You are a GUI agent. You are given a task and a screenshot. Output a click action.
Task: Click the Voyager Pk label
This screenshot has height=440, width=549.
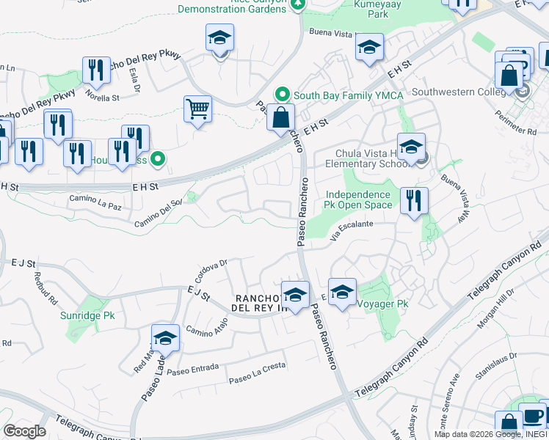click(382, 302)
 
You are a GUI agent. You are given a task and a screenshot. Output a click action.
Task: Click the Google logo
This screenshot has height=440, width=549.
click(25, 431)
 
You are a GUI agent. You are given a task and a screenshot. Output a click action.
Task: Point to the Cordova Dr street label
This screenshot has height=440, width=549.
click(214, 264)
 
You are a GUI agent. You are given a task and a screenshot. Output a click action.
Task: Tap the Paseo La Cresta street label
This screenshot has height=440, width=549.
click(256, 380)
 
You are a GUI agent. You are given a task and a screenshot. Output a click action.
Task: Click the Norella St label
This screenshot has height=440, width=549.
click(102, 96)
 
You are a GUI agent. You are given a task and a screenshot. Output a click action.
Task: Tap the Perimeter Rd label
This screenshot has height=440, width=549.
click(521, 131)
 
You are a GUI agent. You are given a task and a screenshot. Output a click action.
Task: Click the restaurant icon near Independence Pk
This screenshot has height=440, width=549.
click(414, 199)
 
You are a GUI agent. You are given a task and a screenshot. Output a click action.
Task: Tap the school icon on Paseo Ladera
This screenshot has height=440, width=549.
click(166, 339)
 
